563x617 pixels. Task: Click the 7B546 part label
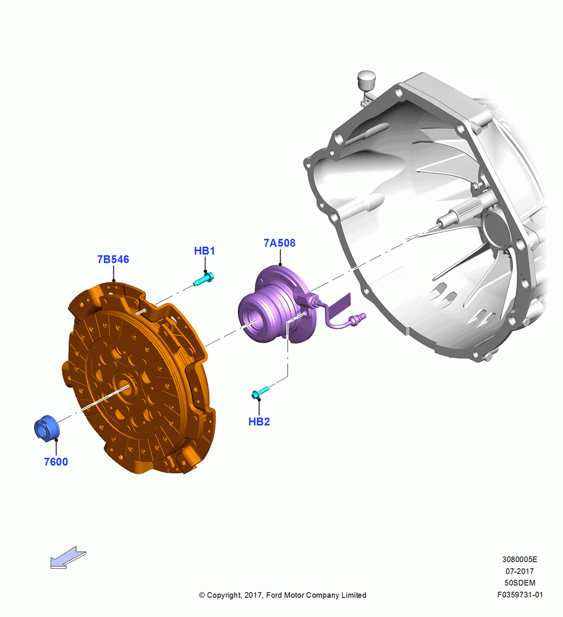[x=113, y=259]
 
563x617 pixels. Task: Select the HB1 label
[x=204, y=251]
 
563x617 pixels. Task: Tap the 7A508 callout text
[x=280, y=242]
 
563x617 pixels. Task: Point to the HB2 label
[x=259, y=421]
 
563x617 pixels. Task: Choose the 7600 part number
[x=56, y=462]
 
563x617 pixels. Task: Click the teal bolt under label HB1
[x=204, y=279]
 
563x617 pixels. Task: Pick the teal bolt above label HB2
[x=261, y=392]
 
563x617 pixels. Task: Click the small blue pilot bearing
[x=46, y=428]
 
